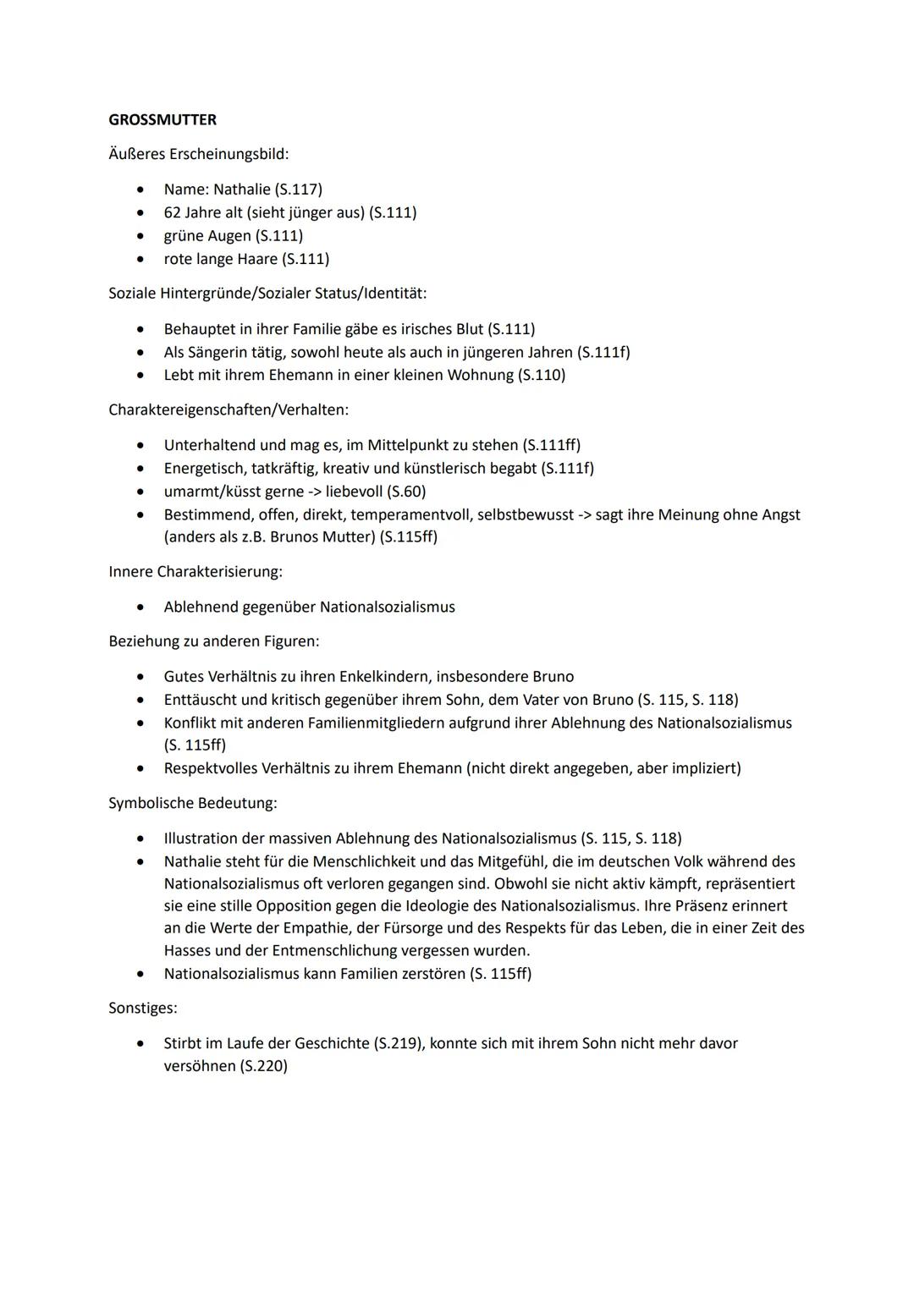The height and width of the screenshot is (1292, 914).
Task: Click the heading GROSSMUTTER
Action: tap(162, 120)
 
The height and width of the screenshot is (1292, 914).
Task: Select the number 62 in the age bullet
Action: tap(173, 212)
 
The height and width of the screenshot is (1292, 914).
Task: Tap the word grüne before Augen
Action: tap(184, 236)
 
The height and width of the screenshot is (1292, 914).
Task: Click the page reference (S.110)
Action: tap(541, 375)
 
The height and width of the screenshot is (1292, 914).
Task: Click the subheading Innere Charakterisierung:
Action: tap(195, 572)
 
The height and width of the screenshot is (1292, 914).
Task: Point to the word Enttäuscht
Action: tap(201, 700)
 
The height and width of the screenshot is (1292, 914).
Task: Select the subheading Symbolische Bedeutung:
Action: tap(193, 803)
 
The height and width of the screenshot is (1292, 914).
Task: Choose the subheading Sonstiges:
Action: tap(143, 1009)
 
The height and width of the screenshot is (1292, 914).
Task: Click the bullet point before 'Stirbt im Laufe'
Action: tap(141, 1044)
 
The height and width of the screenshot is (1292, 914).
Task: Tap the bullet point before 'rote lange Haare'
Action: tap(141, 259)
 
